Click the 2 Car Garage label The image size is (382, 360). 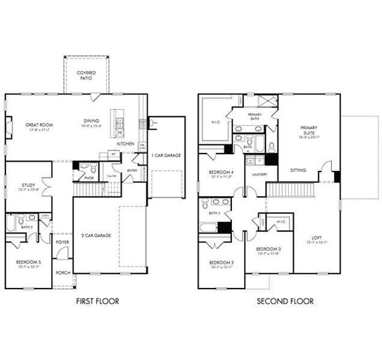tap(97, 236)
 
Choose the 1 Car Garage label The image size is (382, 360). tap(168, 155)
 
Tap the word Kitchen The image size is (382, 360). tap(125, 144)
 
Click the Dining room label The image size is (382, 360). tap(91, 123)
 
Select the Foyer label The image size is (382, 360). tap(62, 242)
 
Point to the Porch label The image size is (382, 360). tap(62, 273)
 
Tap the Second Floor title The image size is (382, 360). tap(285, 301)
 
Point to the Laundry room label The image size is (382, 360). tap(259, 175)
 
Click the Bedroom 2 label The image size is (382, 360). tap(220, 265)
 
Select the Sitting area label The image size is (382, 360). tap(297, 170)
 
